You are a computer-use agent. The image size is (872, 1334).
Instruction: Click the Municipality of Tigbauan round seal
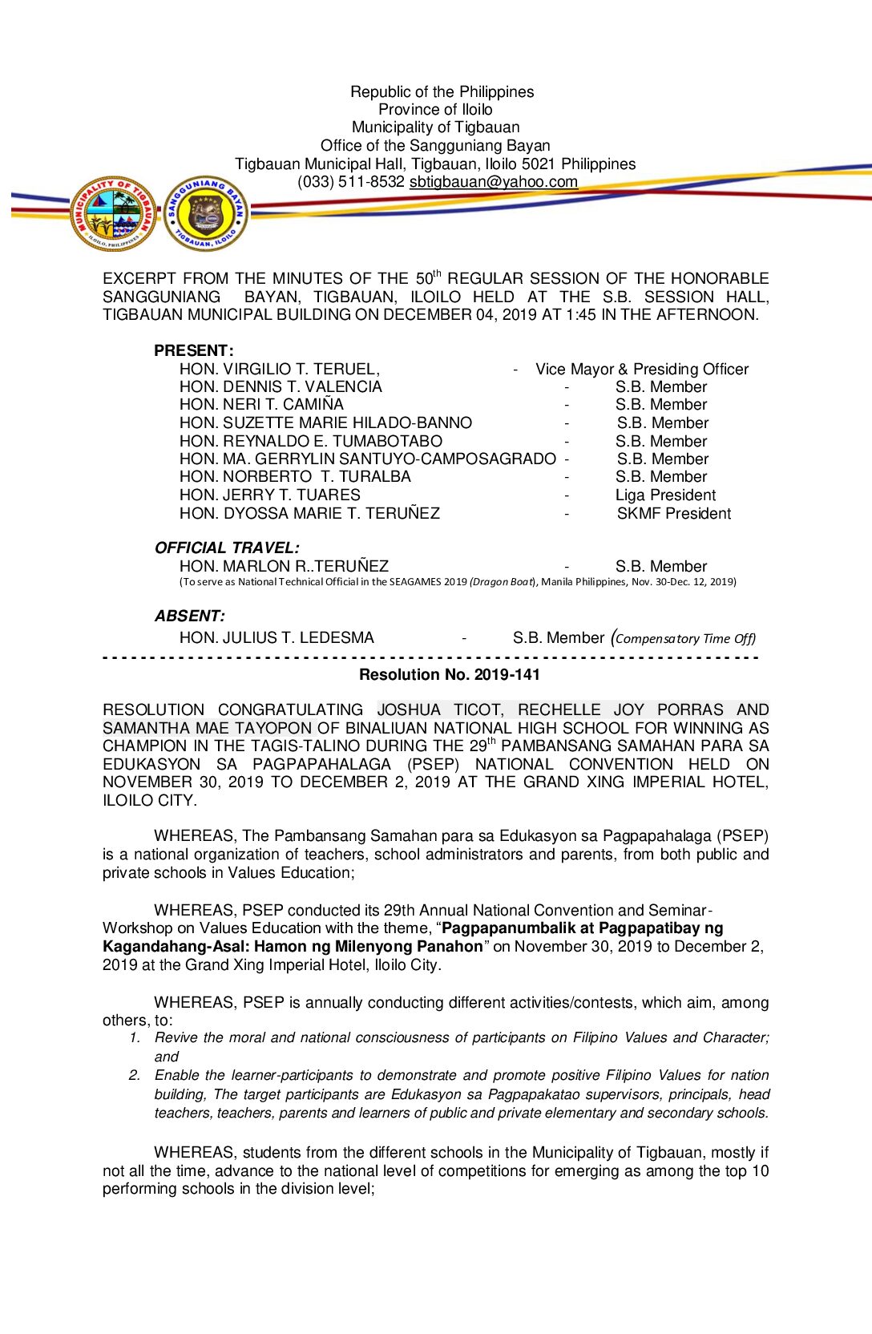point(112,213)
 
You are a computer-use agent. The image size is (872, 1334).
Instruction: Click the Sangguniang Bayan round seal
point(206,213)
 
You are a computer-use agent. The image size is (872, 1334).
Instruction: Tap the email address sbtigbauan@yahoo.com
point(493,182)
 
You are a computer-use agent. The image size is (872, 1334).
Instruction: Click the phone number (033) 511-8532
point(351,182)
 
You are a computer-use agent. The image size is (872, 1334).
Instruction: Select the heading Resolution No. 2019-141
point(449,675)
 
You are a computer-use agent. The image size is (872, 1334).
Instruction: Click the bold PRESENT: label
point(194,351)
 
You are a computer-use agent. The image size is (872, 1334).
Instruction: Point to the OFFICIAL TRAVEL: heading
point(227,548)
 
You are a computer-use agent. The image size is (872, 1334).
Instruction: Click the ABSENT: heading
point(190,616)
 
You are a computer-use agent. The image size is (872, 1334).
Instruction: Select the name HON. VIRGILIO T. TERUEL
point(279,370)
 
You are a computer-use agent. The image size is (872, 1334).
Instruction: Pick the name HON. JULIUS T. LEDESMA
point(277,638)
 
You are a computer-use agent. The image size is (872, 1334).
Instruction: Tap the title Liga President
point(665,495)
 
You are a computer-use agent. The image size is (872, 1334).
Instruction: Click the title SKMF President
point(673,514)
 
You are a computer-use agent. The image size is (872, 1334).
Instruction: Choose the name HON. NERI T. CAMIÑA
point(261,405)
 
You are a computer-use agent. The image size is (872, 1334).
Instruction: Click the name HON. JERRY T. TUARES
point(269,495)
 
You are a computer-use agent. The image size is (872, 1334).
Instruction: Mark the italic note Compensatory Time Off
point(684,639)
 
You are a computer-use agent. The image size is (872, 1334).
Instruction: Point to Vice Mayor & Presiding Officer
point(642,370)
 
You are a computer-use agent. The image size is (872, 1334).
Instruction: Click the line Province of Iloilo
point(435,110)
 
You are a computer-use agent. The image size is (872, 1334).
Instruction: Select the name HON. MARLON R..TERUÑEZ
point(284,567)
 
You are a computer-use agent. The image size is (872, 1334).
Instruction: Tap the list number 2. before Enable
point(135,1075)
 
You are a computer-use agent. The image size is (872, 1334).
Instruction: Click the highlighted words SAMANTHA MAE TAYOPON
point(208,729)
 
